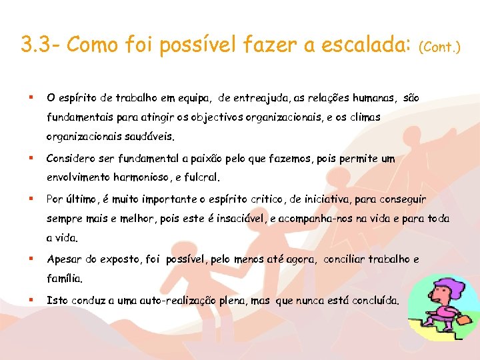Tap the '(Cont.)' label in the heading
[x=439, y=47]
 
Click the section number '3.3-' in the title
[x=41, y=45]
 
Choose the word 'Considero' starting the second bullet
[x=71, y=159]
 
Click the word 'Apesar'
[x=63, y=259]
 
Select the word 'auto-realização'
[x=177, y=301]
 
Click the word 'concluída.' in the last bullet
[x=375, y=301]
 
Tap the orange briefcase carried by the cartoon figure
[x=461, y=322]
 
